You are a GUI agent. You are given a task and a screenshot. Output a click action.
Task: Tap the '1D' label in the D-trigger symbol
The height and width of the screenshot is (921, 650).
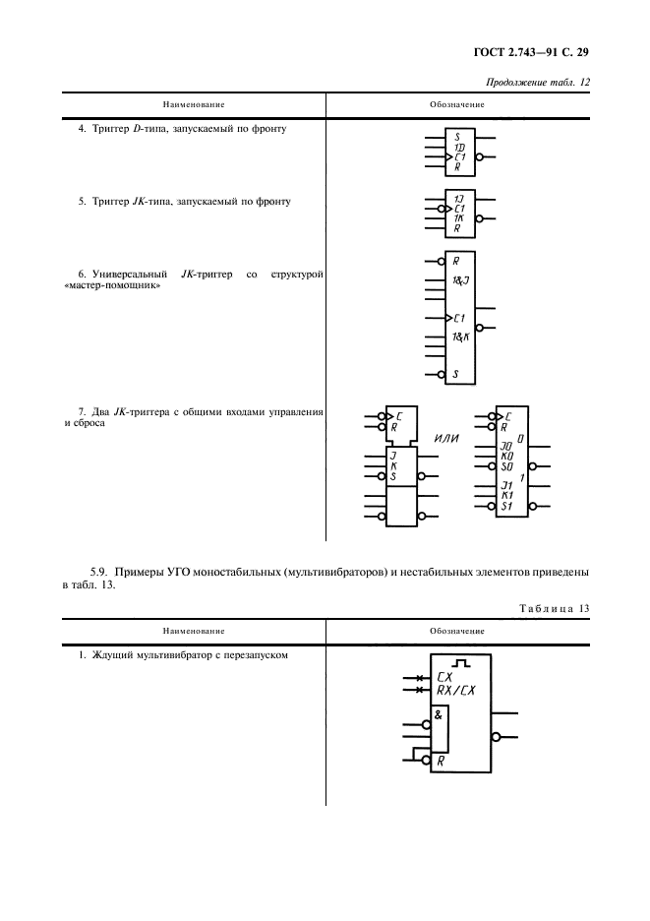(x=458, y=147)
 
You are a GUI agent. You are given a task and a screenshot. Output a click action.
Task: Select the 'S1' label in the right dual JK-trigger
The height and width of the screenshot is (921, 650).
(x=507, y=507)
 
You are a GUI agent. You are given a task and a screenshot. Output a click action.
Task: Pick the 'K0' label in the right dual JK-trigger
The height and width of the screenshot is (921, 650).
(x=506, y=456)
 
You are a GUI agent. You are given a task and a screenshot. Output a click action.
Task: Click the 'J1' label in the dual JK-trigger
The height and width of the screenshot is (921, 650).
(x=507, y=485)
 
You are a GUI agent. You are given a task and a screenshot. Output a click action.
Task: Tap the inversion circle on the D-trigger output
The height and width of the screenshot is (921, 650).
(x=479, y=157)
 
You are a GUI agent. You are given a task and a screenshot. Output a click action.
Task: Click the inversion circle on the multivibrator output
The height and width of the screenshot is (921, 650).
(x=497, y=735)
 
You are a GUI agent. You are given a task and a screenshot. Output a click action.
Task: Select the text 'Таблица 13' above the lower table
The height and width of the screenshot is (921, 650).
(x=555, y=608)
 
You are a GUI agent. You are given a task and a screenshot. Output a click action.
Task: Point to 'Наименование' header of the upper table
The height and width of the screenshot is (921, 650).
(x=194, y=104)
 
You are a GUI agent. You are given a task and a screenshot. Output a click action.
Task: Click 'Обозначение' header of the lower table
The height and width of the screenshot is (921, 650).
(x=457, y=631)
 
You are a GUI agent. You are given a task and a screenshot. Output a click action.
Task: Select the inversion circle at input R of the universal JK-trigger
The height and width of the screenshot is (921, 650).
(x=441, y=262)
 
